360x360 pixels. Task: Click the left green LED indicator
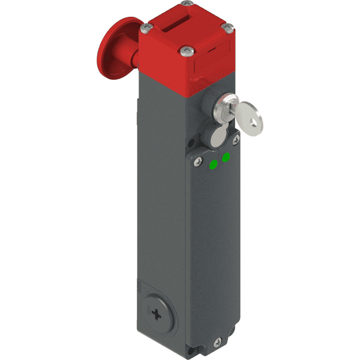pyautogui.click(x=213, y=165)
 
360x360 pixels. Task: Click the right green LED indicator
pyautogui.click(x=226, y=158)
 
